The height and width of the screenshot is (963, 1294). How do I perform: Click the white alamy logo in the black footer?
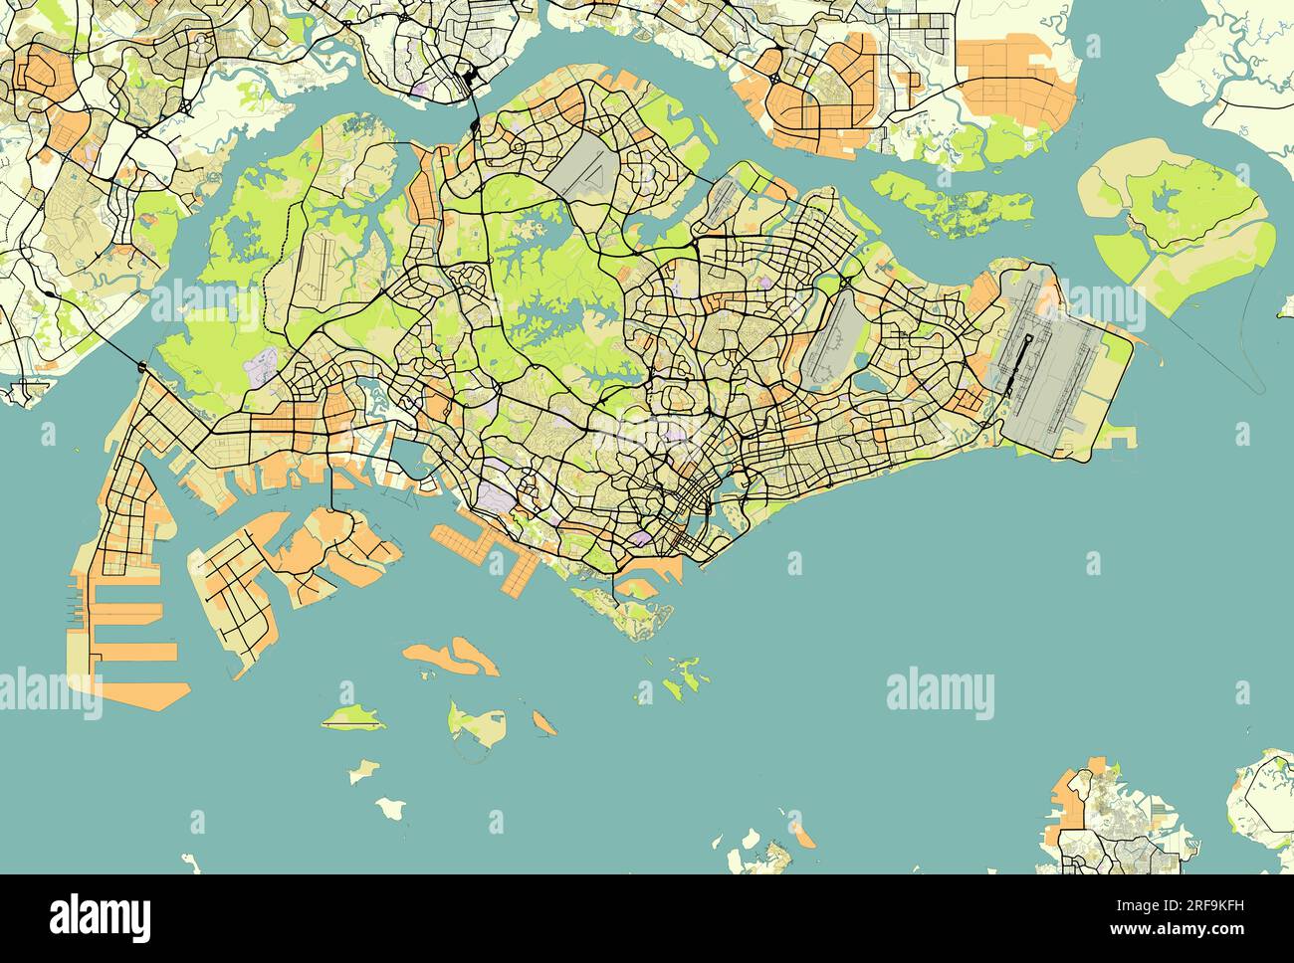coord(101,913)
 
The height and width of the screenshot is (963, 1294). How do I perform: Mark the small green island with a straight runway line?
coord(352,716)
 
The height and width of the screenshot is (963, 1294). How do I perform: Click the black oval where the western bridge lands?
coord(143,368)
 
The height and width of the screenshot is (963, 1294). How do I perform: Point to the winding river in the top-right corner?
coord(1244,70)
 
